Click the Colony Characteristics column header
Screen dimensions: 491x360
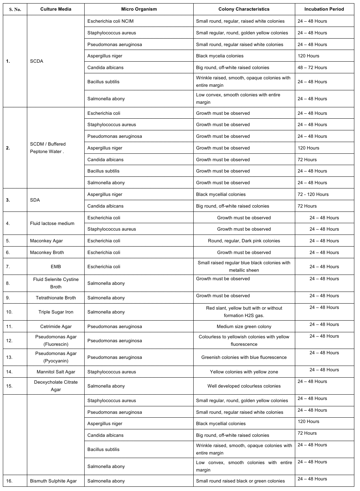click(244, 9)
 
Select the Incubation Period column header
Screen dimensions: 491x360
click(324, 9)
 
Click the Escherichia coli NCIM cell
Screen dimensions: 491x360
click(110, 21)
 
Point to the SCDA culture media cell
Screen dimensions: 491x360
click(37, 61)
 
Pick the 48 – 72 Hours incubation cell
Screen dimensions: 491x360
click(312, 68)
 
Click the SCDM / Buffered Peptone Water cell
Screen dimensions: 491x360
click(48, 148)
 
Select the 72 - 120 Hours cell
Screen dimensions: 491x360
click(313, 194)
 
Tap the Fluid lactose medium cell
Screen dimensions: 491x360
click(52, 224)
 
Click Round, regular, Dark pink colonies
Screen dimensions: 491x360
click(244, 241)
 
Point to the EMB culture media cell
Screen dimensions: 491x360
click(56, 267)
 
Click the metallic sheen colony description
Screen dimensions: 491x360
click(244, 266)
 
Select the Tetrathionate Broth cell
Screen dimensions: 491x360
click(56, 298)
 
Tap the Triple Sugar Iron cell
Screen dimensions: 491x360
click(56, 312)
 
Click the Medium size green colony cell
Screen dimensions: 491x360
click(244, 327)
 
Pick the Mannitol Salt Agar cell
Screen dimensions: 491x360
click(56, 372)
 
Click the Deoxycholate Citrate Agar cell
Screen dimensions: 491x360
click(56, 386)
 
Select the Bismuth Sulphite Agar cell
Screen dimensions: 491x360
click(53, 481)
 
